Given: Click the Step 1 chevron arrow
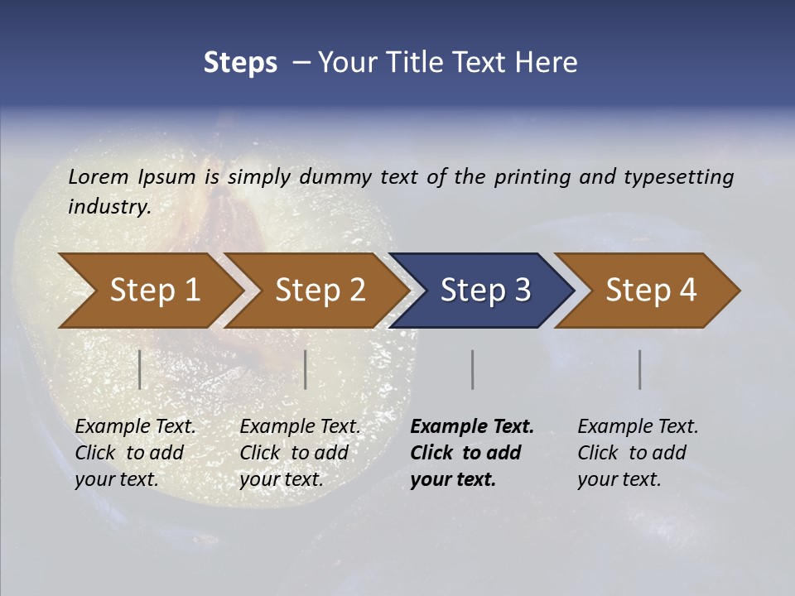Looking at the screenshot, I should point(154,290).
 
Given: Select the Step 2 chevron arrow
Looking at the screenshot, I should point(320,290).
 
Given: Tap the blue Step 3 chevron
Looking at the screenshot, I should point(484,290).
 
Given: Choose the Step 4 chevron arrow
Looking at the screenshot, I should point(650,290).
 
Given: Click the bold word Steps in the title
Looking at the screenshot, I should point(240,63).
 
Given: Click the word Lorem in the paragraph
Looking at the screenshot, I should point(98,176).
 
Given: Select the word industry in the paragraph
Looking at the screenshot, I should point(108,206).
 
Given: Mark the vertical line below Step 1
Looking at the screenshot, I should point(140,369).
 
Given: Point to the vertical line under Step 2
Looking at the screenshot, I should point(306,369).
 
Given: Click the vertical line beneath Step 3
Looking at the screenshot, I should point(472,369).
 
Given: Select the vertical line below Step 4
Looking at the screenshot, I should point(639,369).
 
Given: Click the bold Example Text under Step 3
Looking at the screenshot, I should point(472,426).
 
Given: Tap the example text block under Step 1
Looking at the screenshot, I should point(135,453).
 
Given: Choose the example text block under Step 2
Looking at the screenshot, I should point(300,453).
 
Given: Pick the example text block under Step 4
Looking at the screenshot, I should point(638,453).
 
